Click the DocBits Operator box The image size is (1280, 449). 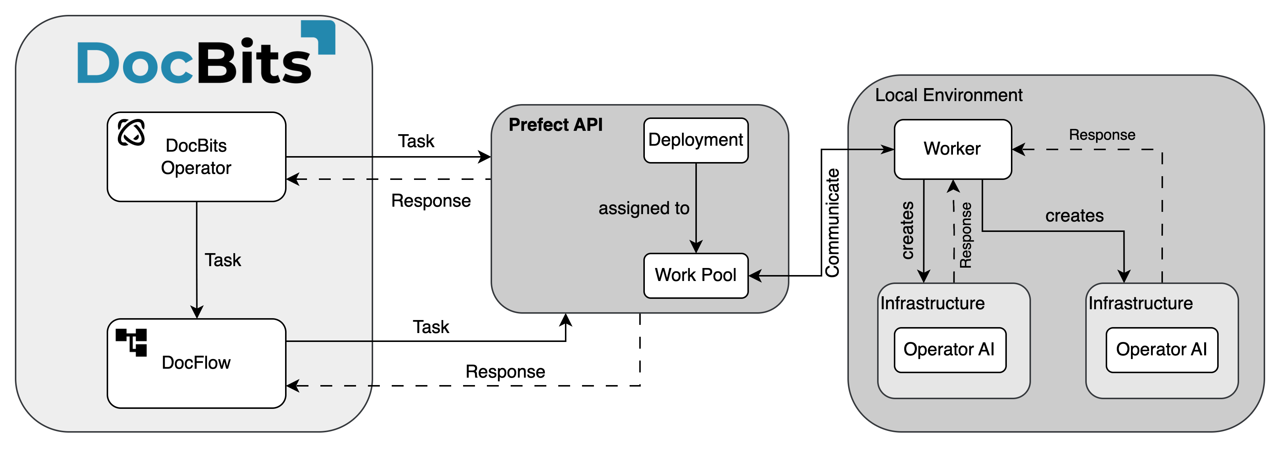click(x=196, y=157)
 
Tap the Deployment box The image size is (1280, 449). click(x=696, y=140)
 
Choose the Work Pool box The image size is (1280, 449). click(x=696, y=275)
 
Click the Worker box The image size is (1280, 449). click(x=953, y=149)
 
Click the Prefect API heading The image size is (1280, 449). click(x=556, y=125)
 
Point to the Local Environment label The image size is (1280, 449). click(x=948, y=95)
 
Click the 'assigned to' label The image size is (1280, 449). click(x=643, y=208)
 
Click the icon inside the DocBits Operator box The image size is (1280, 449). click(x=131, y=133)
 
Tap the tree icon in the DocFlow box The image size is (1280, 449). click(x=132, y=342)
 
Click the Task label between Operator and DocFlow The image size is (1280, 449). click(x=223, y=260)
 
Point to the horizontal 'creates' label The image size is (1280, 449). click(x=1074, y=216)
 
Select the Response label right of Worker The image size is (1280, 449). click(x=1102, y=135)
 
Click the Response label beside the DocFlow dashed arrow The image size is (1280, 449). click(x=505, y=372)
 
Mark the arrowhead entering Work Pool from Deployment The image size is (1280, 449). click(x=696, y=247)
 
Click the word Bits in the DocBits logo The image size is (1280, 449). click(x=255, y=64)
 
